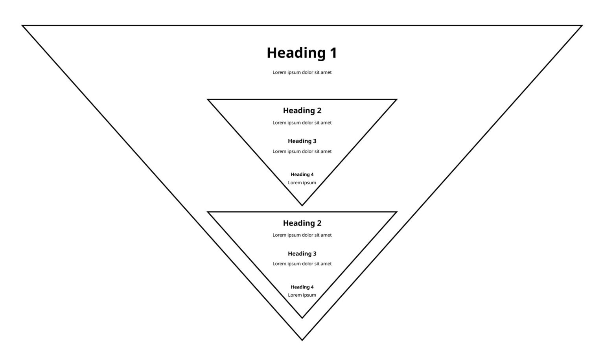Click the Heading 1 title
click(x=302, y=53)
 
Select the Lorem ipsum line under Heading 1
click(x=302, y=72)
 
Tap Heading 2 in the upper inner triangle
click(x=302, y=110)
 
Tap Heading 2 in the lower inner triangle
click(x=302, y=223)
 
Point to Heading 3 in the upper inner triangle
click(x=302, y=141)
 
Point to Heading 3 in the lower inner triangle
click(x=302, y=254)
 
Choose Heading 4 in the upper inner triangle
click(x=302, y=174)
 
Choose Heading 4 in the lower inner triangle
click(x=302, y=287)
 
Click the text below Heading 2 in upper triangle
click(x=302, y=123)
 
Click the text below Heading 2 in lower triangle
click(x=302, y=235)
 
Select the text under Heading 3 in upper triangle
click(x=302, y=151)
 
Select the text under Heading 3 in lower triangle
click(x=302, y=264)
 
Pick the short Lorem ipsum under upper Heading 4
click(x=302, y=183)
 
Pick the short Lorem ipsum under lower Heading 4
click(x=302, y=295)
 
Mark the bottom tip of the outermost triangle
click(x=302, y=340)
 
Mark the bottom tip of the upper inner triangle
click(x=302, y=205)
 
